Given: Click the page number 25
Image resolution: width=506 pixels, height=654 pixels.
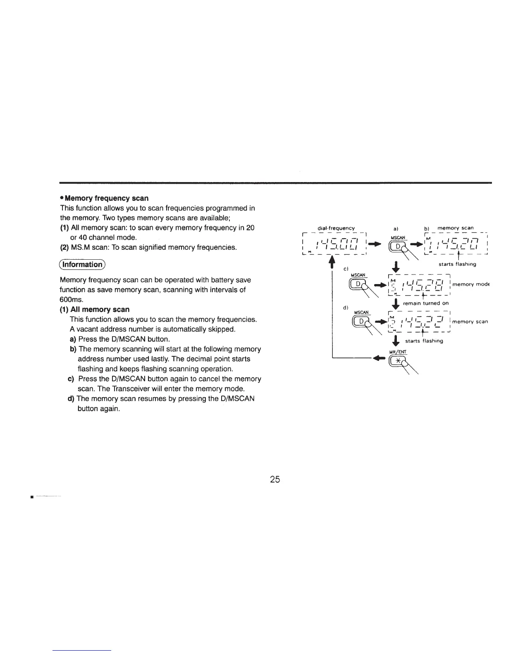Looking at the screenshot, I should (275, 479).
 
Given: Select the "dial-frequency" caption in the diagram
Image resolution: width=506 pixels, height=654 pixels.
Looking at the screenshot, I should (336, 228).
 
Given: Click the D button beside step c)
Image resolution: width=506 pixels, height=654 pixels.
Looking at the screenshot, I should (358, 284).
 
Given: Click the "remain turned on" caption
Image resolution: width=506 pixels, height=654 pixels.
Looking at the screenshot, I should (425, 303).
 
